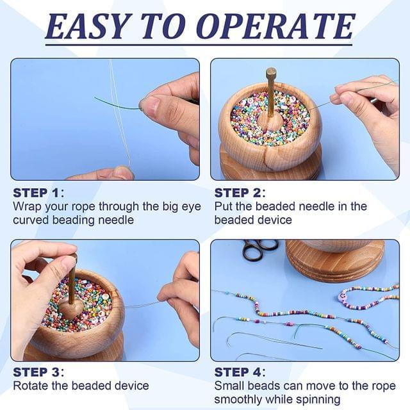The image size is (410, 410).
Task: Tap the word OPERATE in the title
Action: (275, 26)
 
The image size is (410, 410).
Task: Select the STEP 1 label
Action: (37, 193)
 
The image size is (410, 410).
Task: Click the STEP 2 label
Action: (238, 193)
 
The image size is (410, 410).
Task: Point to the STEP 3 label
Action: (37, 372)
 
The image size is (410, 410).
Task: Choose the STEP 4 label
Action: (238, 372)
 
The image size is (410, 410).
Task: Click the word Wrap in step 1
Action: (28, 207)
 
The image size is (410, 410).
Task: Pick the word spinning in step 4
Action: (318, 400)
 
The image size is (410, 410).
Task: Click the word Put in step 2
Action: (224, 206)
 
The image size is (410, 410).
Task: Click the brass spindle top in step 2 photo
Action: (271, 72)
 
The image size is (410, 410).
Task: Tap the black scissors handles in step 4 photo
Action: (259, 249)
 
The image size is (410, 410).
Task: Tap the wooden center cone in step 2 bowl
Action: (270, 122)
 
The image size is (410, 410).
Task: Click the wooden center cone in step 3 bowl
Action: (70, 309)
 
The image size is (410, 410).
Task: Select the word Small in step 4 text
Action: (229, 386)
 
